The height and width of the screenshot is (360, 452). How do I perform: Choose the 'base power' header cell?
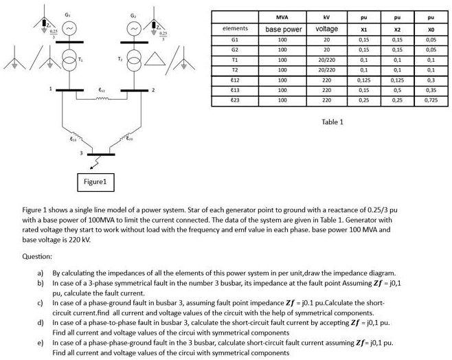(x=283, y=30)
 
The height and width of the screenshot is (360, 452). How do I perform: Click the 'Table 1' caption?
(x=332, y=122)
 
